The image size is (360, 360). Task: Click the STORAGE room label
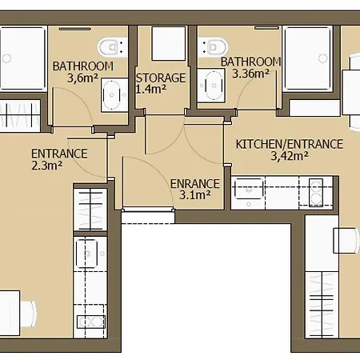point(161,78)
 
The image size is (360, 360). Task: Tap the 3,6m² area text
point(82,78)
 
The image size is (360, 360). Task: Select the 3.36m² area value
point(250,74)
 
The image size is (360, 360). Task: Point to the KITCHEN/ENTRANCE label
point(290,144)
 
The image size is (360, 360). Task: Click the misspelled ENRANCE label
point(195,184)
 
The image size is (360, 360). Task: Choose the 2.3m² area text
point(47,166)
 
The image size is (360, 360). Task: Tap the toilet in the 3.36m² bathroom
point(213,47)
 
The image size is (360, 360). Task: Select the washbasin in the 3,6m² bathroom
point(114,94)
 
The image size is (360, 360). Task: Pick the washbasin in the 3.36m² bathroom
point(211,86)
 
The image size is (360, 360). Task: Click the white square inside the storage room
point(169,43)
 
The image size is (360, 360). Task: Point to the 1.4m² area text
point(151,89)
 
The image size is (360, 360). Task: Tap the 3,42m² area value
point(290,156)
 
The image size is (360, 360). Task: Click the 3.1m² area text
point(195,195)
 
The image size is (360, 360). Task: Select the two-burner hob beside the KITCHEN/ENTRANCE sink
point(316,193)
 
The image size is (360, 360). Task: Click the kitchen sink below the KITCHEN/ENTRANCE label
point(249,189)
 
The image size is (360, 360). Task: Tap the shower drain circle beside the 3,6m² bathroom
point(6,58)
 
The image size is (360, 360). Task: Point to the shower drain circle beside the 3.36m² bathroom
point(323,58)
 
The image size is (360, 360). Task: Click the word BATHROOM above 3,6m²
point(83,66)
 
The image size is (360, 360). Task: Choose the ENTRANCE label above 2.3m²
point(59,154)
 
